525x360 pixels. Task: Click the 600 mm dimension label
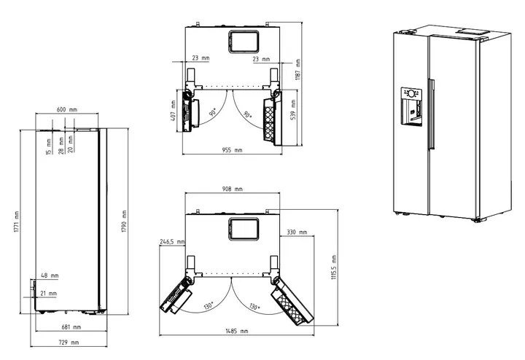tap(66, 109)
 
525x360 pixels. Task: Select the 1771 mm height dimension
tap(17, 222)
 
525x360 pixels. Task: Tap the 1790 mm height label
tap(124, 221)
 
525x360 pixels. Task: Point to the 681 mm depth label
tap(71, 327)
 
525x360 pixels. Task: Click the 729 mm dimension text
tap(69, 343)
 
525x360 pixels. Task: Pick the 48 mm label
tap(50, 275)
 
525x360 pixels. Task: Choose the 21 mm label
tap(49, 294)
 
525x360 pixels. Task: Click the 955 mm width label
tap(232, 150)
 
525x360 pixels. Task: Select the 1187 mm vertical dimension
tap(297, 69)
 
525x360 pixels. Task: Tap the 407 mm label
tap(173, 111)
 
